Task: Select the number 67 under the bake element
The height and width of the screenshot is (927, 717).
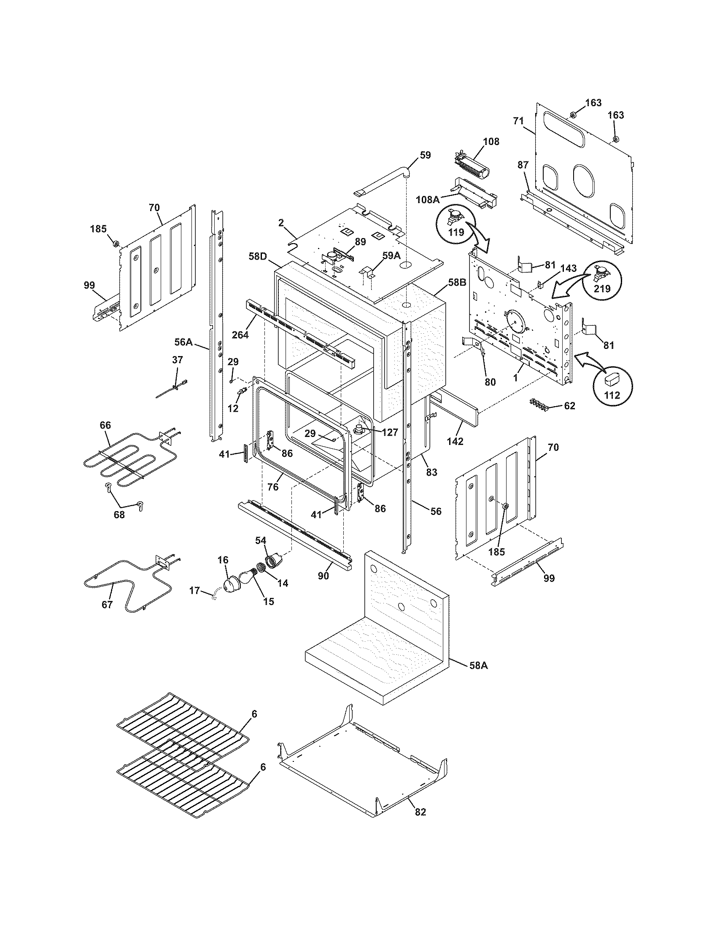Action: click(x=107, y=604)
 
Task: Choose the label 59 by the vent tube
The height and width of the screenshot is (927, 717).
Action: click(x=425, y=155)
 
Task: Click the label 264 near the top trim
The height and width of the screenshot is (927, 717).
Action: click(x=240, y=335)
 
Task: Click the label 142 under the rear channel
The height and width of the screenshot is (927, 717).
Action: click(x=455, y=441)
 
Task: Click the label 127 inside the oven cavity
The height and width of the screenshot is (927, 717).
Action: click(x=390, y=432)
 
